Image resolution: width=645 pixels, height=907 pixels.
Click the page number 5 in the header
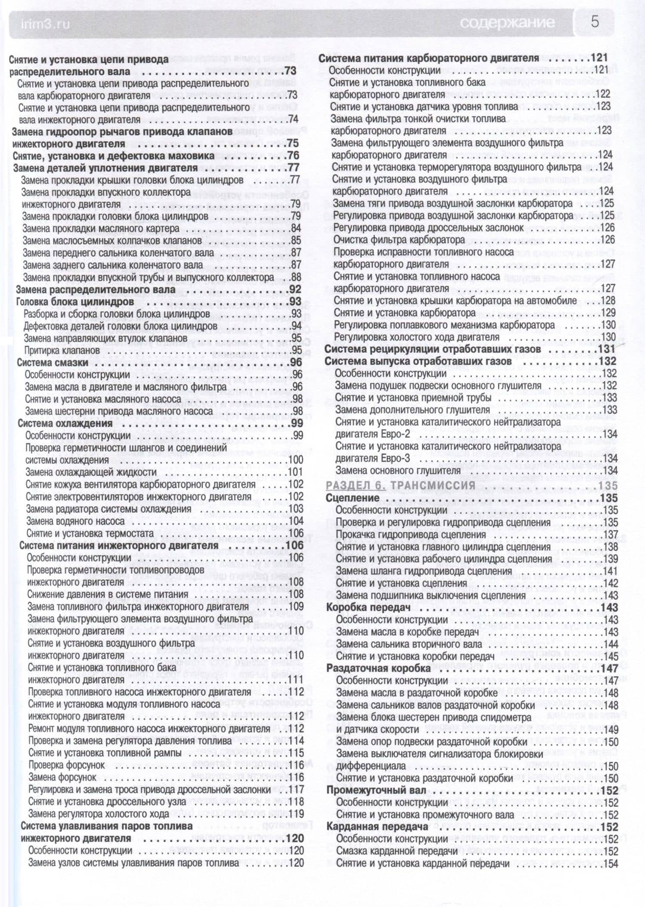tap(595, 21)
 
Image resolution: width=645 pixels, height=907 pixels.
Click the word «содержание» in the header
tap(507, 22)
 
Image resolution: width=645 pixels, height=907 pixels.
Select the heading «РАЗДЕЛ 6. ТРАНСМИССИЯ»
tap(401, 486)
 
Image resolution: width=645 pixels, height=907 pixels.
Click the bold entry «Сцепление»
tap(353, 498)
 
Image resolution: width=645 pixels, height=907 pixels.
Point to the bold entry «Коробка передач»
tap(365, 608)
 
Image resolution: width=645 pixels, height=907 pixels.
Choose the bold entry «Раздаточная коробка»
tap(378, 669)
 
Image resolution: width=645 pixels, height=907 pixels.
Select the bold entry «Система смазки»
tap(52, 363)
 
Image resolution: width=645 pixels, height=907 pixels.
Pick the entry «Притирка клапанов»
tap(61, 350)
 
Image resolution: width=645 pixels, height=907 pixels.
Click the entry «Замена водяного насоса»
tap(75, 521)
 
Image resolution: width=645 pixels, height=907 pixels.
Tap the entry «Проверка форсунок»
tap(67, 765)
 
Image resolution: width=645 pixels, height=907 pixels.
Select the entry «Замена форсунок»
tap(63, 777)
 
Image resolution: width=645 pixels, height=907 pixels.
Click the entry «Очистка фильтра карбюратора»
tap(399, 239)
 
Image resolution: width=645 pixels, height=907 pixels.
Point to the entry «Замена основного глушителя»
tap(398, 470)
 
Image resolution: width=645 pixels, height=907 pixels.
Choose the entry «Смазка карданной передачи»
tap(397, 851)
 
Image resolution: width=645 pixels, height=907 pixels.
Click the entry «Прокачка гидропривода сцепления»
tap(411, 535)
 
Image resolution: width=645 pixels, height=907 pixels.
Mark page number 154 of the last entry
tap(610, 864)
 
